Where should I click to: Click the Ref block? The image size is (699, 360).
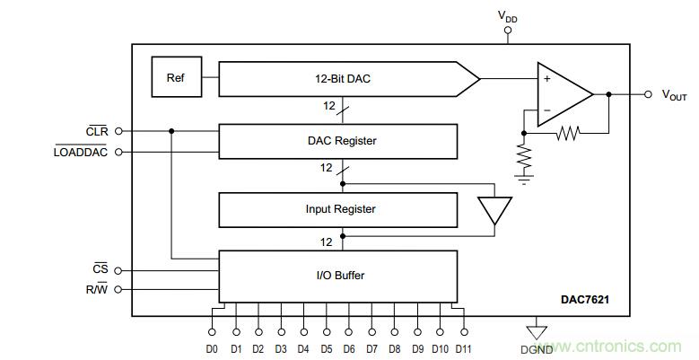175,78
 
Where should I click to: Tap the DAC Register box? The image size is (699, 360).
336,140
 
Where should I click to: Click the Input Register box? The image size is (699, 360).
336,209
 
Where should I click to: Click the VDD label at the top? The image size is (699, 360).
507,15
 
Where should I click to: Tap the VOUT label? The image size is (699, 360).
674,94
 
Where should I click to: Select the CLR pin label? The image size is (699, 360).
96,131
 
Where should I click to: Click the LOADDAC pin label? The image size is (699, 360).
81,152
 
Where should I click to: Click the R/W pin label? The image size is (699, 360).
95,289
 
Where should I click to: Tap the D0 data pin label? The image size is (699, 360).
212,348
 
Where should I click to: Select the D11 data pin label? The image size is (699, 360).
464,348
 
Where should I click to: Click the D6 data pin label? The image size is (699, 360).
349,348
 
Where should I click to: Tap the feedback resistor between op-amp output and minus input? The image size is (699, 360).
567,134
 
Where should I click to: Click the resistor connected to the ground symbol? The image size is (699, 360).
524,158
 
